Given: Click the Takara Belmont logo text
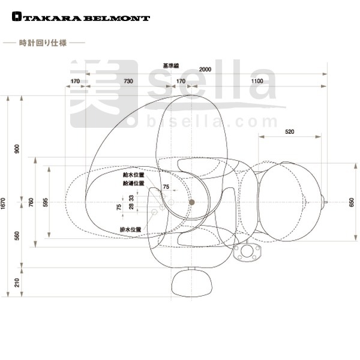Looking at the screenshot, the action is (81, 17).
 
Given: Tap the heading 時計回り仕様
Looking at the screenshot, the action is (43, 43).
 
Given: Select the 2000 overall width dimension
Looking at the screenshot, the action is (205, 70).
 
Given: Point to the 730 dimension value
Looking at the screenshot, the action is (128, 81).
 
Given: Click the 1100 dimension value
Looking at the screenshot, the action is (257, 81).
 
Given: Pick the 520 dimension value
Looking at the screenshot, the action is (290, 132).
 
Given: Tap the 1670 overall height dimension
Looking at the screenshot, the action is (3, 203).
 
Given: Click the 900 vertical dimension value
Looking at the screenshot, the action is (17, 149).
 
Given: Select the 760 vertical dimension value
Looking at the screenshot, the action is (31, 202).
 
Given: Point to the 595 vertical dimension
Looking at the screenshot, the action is (46, 202).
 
